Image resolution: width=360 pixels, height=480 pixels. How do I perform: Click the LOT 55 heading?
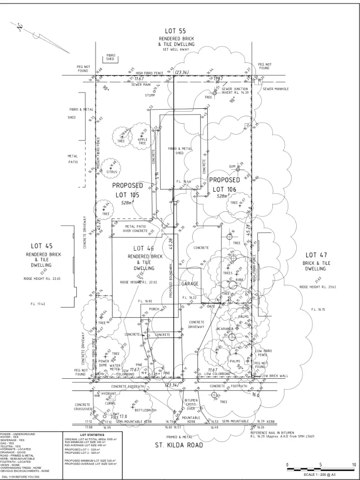176,30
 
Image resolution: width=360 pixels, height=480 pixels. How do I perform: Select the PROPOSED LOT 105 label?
127,190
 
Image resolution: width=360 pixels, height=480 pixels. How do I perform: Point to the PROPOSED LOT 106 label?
225,184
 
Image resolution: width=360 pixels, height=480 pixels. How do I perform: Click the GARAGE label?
190,284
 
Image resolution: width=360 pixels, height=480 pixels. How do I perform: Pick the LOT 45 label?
43,245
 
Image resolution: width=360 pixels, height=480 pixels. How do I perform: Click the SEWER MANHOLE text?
276,89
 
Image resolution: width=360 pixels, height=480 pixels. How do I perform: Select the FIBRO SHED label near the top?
110,57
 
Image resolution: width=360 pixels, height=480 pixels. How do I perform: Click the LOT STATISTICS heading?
92,435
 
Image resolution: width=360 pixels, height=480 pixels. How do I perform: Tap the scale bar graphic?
322,469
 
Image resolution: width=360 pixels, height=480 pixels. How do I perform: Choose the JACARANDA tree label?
225,329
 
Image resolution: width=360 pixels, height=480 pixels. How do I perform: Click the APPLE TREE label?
142,141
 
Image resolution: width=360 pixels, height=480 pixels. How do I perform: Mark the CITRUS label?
112,172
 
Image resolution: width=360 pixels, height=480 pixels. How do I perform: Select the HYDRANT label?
109,394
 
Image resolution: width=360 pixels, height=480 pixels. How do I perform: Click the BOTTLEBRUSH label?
145,410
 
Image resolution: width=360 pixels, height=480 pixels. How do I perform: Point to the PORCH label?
155,309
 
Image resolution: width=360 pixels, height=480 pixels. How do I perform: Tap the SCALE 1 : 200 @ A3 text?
323,474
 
